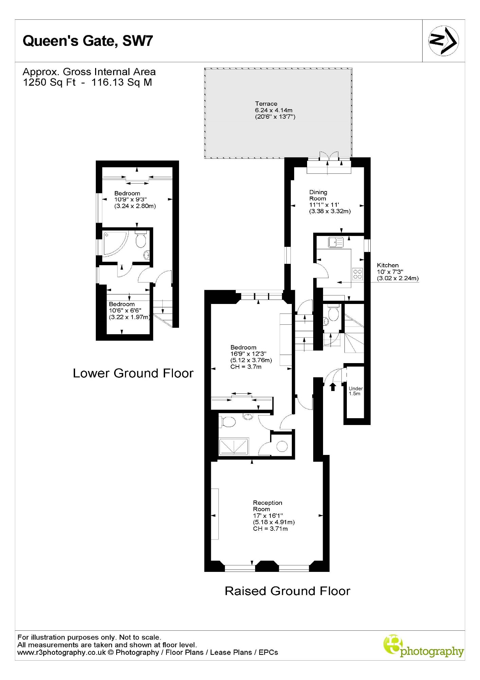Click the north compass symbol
(x=443, y=41)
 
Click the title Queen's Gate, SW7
(x=88, y=41)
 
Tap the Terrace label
(x=266, y=104)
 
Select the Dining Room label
(x=318, y=195)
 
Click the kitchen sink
(x=336, y=242)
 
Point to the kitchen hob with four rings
(x=357, y=274)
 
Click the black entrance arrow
(x=333, y=386)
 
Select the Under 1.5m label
(x=355, y=391)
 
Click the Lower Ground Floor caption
(x=133, y=373)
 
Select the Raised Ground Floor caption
(x=287, y=591)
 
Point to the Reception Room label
(x=267, y=506)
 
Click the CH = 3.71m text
(x=270, y=529)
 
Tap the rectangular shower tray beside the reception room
(x=234, y=446)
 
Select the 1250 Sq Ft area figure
(x=49, y=82)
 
